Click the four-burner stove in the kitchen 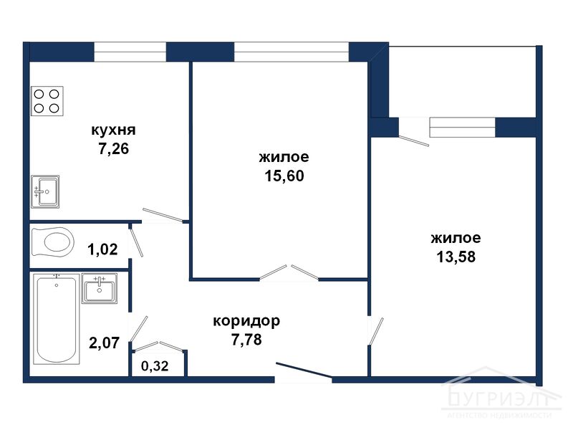[47, 101]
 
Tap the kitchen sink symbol [45, 191]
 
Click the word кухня [113, 131]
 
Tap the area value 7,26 [113, 150]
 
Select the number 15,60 [284, 176]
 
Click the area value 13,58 [456, 257]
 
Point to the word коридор [246, 321]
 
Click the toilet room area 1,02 [102, 250]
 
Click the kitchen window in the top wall [130, 52]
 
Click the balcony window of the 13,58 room [462, 127]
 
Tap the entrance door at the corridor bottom [304, 373]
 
